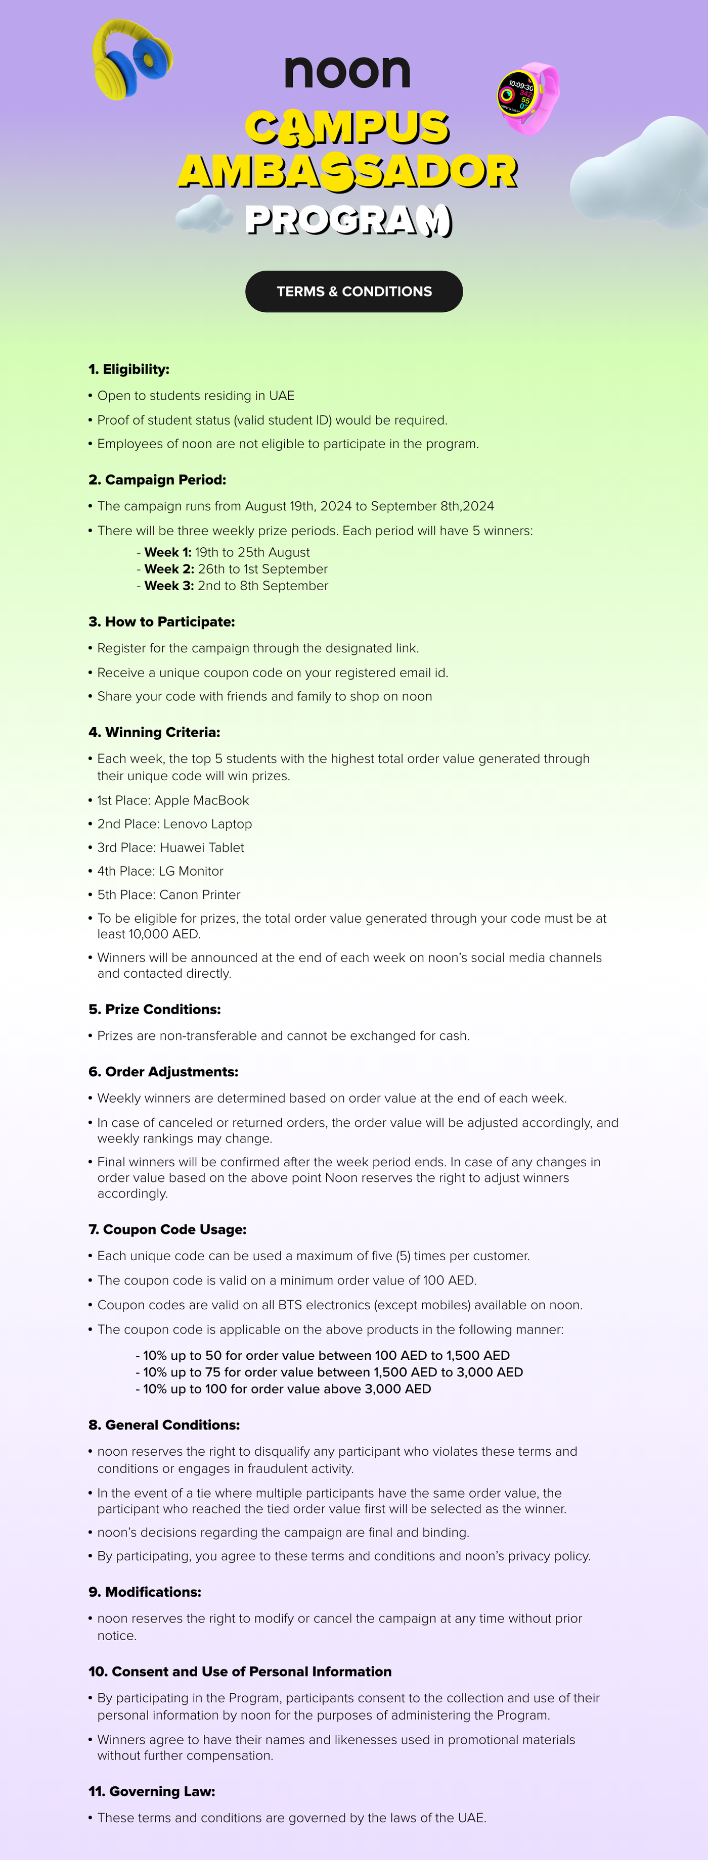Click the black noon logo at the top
(x=347, y=71)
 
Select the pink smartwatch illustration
(x=527, y=98)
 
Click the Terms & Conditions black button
(x=354, y=292)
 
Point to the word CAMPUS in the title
(x=347, y=126)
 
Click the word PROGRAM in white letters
(x=348, y=220)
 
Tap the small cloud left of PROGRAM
(x=204, y=214)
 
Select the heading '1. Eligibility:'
(x=128, y=369)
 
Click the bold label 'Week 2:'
(x=169, y=569)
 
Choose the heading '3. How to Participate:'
(x=161, y=622)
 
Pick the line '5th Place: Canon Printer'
(x=168, y=894)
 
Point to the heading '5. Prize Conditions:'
(x=155, y=1010)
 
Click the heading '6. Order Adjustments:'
(x=163, y=1072)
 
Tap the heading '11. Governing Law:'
(x=152, y=1791)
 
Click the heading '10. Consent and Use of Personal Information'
(x=240, y=1672)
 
